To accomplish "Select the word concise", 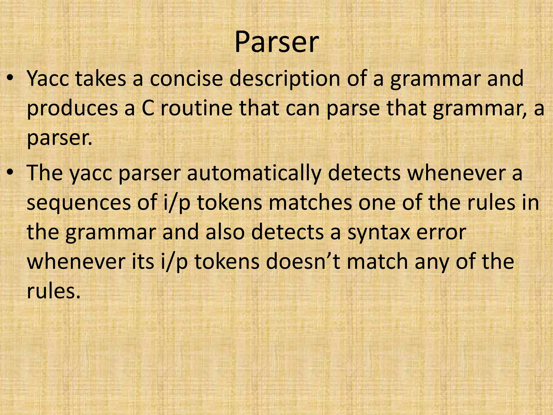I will [x=186, y=79].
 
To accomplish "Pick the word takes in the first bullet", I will [x=101, y=79].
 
